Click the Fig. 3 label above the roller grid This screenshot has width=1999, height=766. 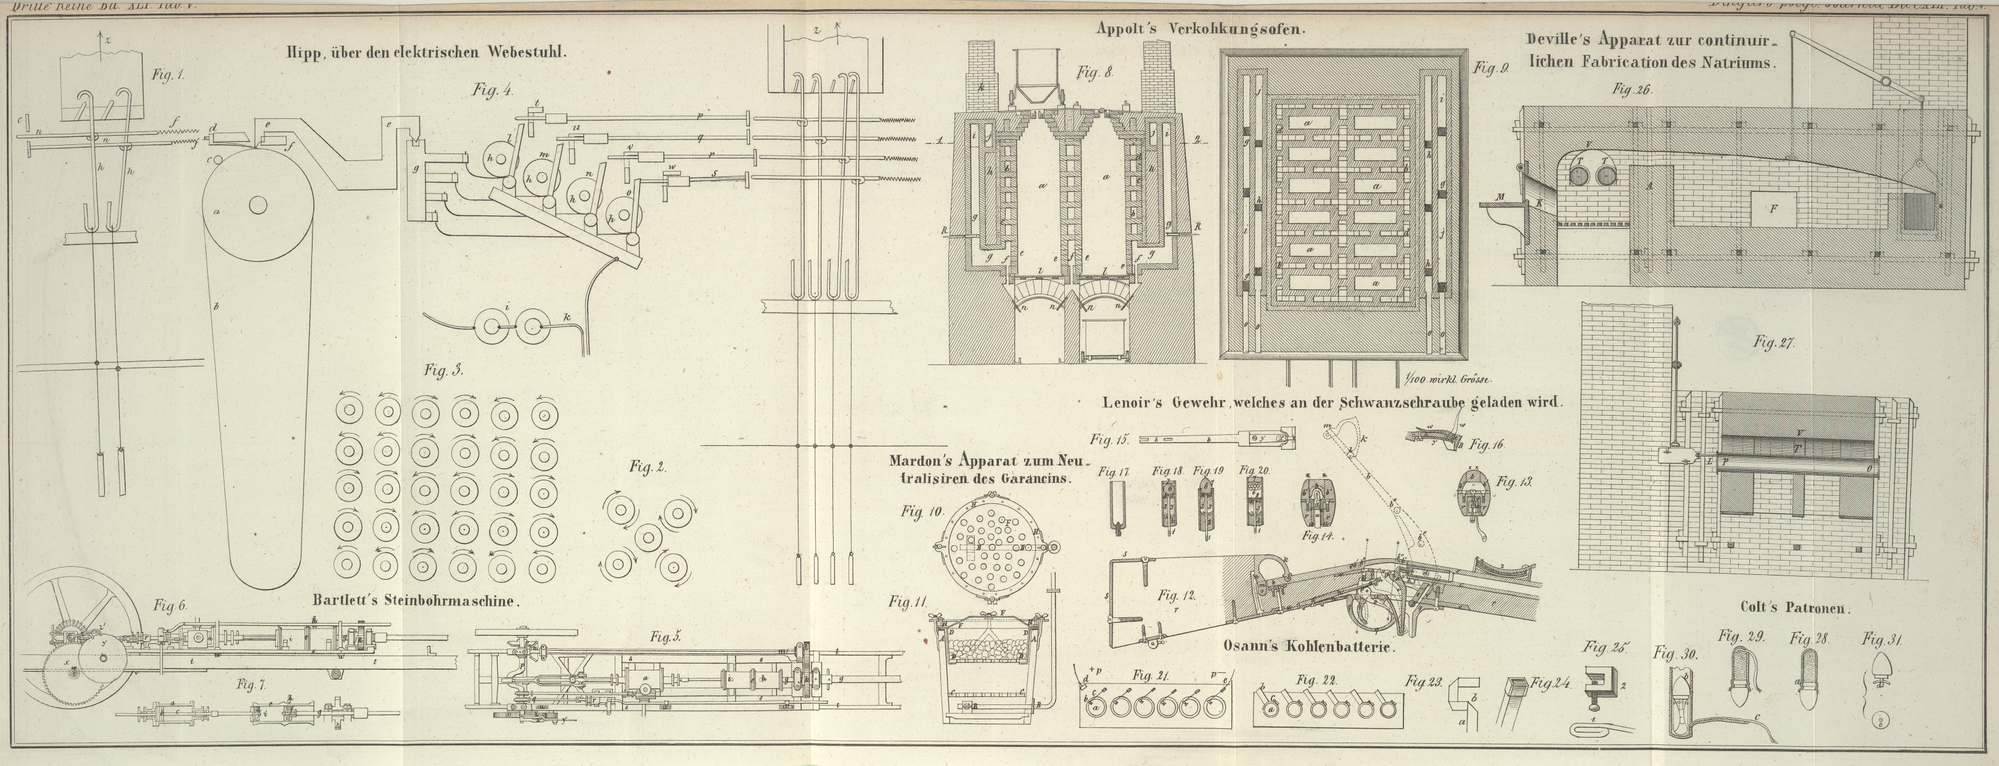click(443, 370)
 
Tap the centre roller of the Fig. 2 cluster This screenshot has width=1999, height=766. click(649, 538)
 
